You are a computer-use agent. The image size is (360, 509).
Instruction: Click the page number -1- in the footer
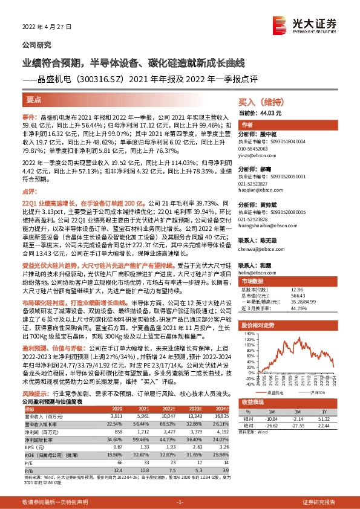(x=180, y=503)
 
